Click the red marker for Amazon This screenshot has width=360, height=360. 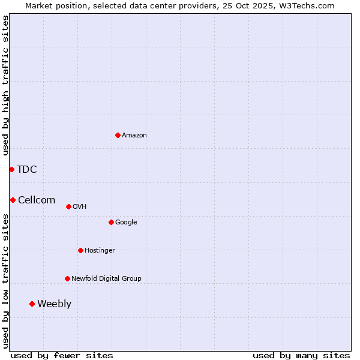coord(118,135)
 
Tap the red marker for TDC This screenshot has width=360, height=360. coord(11,169)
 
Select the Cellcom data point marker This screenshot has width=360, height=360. coord(13,200)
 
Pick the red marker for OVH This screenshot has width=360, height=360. coord(68,206)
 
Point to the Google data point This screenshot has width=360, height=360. coord(111,222)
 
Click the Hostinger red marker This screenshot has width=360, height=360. coord(80,250)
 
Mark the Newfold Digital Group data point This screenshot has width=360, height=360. coord(67,278)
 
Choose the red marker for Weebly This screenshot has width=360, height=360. coord(32,304)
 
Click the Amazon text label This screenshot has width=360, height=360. coord(134,136)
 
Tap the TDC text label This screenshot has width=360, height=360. coord(27,170)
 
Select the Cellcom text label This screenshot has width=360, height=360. coord(37,200)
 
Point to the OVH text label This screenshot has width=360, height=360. coord(80,207)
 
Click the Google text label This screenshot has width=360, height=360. coord(126,223)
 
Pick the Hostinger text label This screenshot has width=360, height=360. coord(100,251)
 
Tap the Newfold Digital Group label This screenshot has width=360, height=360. coord(106,279)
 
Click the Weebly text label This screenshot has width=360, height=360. coord(54,304)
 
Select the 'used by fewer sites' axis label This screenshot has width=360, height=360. coord(62,355)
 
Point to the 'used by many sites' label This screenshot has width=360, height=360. coord(301,355)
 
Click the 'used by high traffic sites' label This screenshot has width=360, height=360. coord(6,85)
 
